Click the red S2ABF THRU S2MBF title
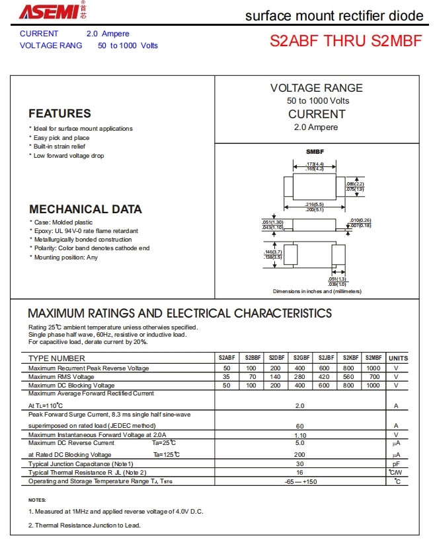pos(345,40)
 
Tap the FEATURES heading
pos(59,114)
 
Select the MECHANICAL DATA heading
pos(85,209)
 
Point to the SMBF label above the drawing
pos(315,152)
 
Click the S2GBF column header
pos(301,358)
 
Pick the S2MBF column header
pos(373,358)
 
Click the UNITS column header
pos(398,358)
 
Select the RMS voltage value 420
pos(324,376)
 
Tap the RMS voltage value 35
pos(227,376)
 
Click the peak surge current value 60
pos(299,426)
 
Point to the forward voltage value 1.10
pos(299,435)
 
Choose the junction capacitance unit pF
pos(397,464)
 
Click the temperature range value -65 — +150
pos(299,481)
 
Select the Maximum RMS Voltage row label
pos(61,376)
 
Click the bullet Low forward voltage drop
pos(69,156)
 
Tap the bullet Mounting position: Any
pos(65,257)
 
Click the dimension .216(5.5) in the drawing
pos(314,205)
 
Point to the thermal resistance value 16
pos(299,473)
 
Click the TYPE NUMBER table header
pos(57,358)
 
